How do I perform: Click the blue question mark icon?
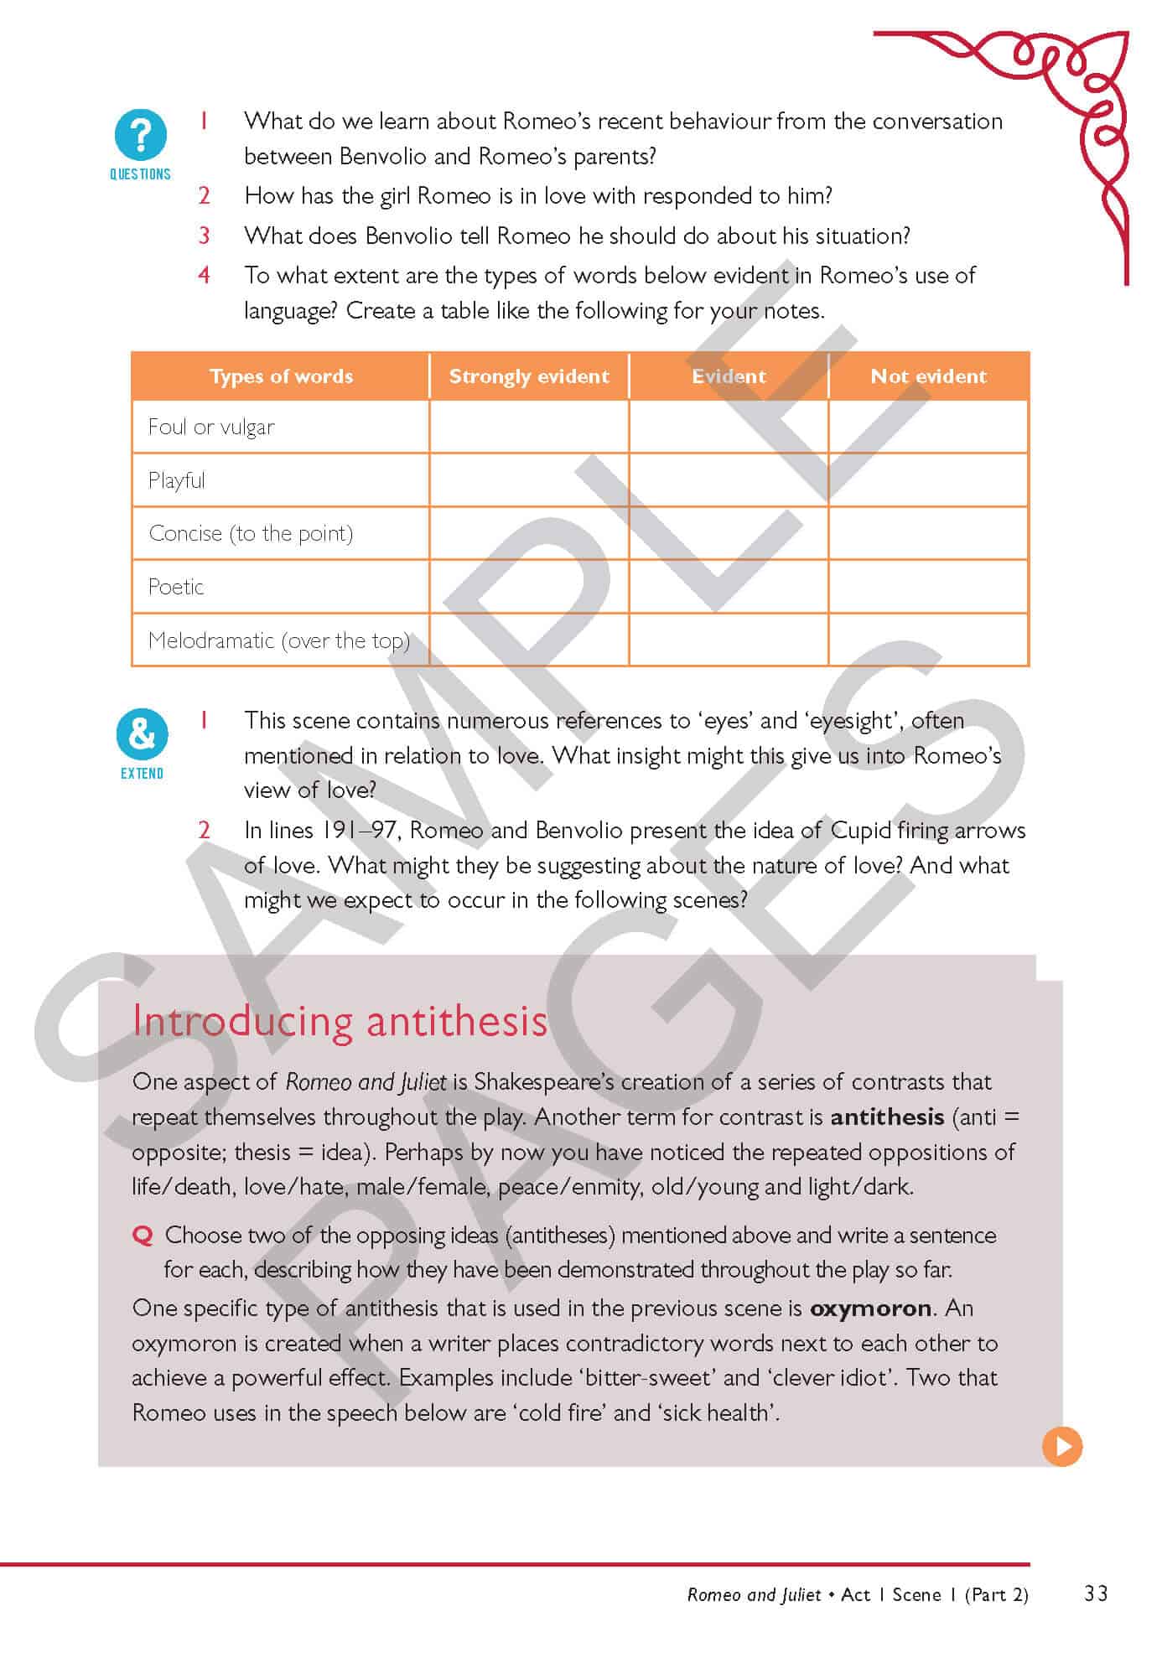[140, 134]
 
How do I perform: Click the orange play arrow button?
[1062, 1447]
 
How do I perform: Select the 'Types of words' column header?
[281, 376]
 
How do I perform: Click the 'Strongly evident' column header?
[529, 376]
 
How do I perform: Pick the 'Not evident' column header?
[928, 376]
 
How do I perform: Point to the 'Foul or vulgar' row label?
[211, 427]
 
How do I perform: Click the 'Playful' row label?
[176, 481]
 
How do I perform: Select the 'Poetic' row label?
[176, 587]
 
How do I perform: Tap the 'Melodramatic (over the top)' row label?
[278, 640]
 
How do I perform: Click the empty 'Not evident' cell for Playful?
[928, 480]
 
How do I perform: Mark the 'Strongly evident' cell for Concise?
[529, 533]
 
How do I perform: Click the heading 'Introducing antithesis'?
[340, 1021]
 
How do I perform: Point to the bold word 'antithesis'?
[887, 1117]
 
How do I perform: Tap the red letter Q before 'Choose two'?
[143, 1236]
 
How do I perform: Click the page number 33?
[1096, 1593]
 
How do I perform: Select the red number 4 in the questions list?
[204, 275]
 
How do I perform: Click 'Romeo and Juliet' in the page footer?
[753, 1594]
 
